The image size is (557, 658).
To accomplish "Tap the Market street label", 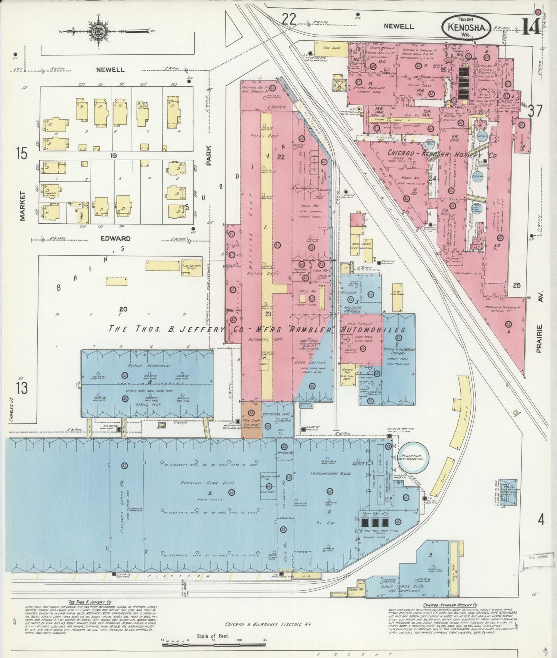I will coord(22,206).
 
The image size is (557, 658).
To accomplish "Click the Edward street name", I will coord(115,238).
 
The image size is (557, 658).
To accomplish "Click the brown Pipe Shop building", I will coord(252,420).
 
